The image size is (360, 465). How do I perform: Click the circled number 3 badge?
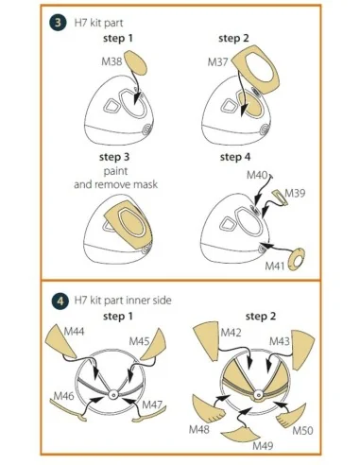[x=58, y=23]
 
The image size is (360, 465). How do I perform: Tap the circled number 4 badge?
[x=60, y=301]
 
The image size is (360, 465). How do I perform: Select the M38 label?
[x=111, y=61]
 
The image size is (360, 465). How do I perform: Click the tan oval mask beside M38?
[x=136, y=63]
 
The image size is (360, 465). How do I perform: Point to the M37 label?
[x=217, y=62]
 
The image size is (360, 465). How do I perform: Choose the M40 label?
[x=257, y=175]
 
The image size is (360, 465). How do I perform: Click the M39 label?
[x=295, y=193]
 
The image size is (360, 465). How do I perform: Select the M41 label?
[x=275, y=267]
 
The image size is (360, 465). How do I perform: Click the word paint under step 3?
[x=115, y=171]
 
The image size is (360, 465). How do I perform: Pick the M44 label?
[x=74, y=332]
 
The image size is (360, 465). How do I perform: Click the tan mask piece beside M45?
[x=153, y=345]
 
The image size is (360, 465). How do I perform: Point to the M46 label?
[x=63, y=396]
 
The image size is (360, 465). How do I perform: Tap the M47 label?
[x=152, y=405]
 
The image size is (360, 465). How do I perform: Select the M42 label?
[x=231, y=333]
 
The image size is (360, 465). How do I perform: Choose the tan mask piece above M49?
[x=242, y=432]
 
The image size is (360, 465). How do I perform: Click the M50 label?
[x=302, y=430]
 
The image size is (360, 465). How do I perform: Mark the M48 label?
[x=199, y=429]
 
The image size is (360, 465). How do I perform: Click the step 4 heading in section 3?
[x=235, y=157]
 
